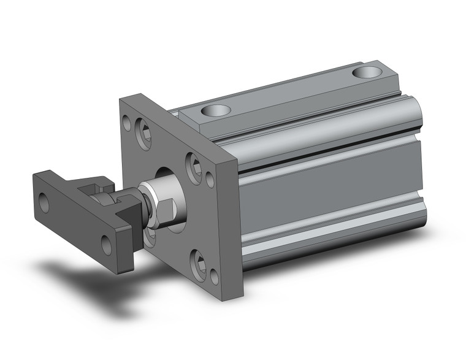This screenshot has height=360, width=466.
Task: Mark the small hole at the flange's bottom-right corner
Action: pos(214,277)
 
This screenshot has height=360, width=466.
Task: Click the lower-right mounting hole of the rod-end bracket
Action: pos(107,247)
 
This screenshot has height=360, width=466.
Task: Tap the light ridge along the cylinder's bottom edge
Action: pos(331,236)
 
